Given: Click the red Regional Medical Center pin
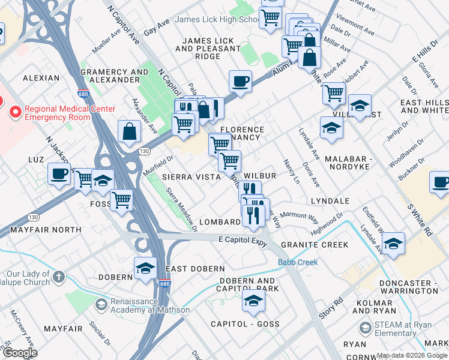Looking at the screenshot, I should (x=14, y=112).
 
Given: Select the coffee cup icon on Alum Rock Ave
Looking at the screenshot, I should (x=240, y=82).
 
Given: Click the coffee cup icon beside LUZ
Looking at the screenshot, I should (x=59, y=175).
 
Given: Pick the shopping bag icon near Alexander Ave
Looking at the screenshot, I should (x=129, y=131).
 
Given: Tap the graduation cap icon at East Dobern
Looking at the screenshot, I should (x=145, y=269).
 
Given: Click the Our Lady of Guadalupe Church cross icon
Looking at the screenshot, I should (x=58, y=277).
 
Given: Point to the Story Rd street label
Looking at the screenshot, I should (x=331, y=308).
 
